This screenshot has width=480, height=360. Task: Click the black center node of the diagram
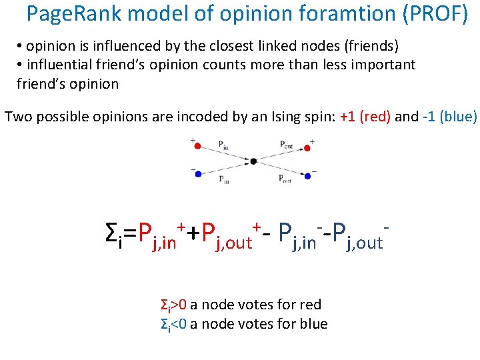(x=253, y=161)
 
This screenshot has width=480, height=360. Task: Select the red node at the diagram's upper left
(x=197, y=146)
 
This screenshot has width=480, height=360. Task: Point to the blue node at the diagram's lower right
(x=307, y=176)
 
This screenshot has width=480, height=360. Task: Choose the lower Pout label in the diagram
(x=285, y=179)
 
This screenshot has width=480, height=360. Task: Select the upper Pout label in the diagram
(x=285, y=143)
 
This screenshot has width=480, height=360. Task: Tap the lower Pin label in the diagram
(x=224, y=179)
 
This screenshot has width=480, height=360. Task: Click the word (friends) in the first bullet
(x=369, y=46)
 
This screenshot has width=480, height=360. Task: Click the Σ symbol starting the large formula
(x=112, y=233)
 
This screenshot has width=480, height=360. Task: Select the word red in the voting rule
(x=311, y=305)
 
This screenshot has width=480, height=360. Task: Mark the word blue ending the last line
(x=313, y=324)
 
